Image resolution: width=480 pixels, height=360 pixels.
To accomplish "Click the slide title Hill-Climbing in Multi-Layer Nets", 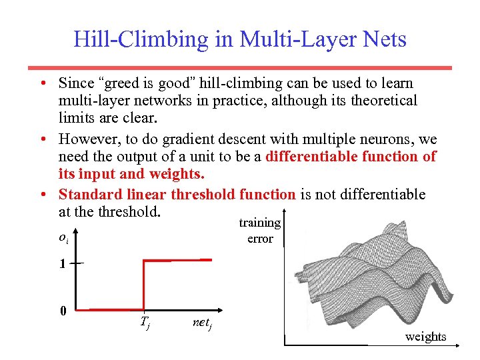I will coord(239,39).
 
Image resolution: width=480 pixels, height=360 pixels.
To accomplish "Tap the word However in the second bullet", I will coord(86,139).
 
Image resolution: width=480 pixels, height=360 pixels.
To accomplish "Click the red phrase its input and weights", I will coord(131,174).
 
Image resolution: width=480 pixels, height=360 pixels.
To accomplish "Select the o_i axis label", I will coord(63,237).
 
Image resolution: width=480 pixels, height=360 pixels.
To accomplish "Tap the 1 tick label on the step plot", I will coord(62,263).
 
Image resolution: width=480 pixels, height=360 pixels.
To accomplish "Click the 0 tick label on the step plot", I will coord(62,311).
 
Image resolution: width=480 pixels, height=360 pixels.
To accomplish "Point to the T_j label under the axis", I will coord(145,324).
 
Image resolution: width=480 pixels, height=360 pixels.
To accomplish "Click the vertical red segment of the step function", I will coord(145,285).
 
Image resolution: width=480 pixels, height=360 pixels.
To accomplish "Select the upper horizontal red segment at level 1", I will coord(178,260).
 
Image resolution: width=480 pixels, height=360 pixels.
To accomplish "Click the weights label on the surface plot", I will coord(425,337).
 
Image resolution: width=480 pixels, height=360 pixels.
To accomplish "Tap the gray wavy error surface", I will coord(373,273).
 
